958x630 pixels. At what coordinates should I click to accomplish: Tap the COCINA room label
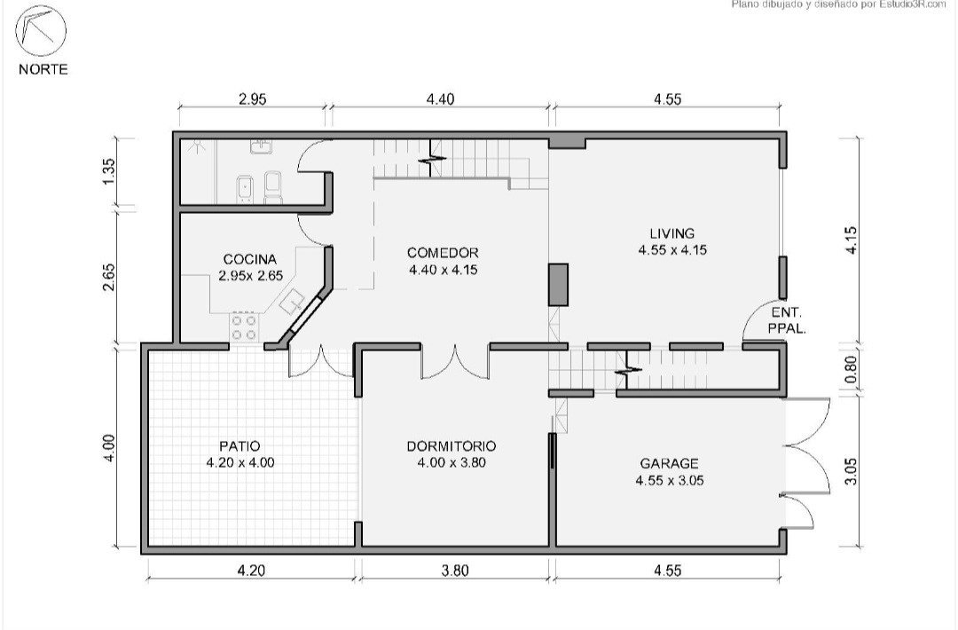(x=249, y=259)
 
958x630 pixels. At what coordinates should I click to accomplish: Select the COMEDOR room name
(x=443, y=252)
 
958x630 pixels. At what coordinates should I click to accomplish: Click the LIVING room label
(x=672, y=232)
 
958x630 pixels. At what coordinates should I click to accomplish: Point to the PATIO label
(x=239, y=446)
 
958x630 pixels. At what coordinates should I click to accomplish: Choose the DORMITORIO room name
(x=452, y=446)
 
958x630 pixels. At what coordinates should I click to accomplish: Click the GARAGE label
(x=669, y=463)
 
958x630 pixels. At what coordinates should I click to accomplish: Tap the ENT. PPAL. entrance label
(x=787, y=319)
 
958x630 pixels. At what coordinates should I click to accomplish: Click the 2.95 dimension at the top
(x=252, y=99)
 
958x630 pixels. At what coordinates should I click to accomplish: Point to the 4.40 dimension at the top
(x=440, y=99)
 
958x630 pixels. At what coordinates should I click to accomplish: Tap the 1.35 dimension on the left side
(x=108, y=172)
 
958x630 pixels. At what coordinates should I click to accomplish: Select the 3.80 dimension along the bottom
(x=454, y=571)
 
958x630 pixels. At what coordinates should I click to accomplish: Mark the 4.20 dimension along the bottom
(x=250, y=571)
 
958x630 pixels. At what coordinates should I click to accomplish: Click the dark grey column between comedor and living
(x=558, y=285)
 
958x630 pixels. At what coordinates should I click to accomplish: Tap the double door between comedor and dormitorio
(x=454, y=362)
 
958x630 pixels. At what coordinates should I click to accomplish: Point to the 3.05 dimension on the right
(x=851, y=472)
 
